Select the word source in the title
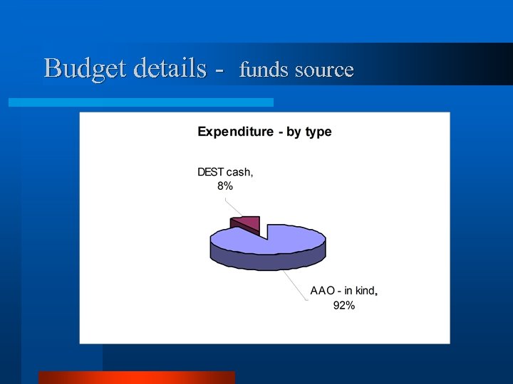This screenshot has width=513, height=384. click(x=323, y=70)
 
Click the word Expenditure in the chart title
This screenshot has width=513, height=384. click(x=235, y=132)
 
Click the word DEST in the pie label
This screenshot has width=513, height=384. click(x=212, y=171)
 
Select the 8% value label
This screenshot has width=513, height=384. click(x=225, y=186)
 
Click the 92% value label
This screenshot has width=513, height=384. click(x=344, y=306)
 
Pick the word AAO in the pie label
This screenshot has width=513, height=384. click(x=322, y=291)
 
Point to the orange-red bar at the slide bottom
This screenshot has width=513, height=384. click(x=136, y=377)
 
